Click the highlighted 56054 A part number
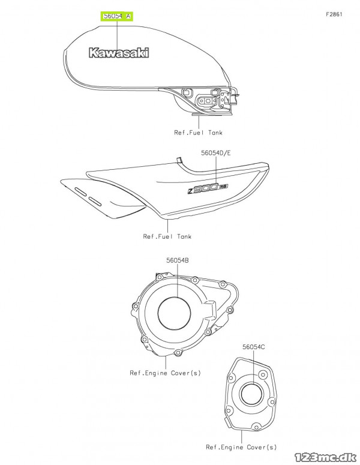click(x=117, y=16)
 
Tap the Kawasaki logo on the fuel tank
click(x=119, y=53)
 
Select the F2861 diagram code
click(x=334, y=14)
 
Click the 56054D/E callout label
click(x=216, y=153)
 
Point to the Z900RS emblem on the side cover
click(x=208, y=188)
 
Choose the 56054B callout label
click(x=178, y=260)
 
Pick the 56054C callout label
click(x=254, y=347)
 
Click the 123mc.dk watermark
click(x=326, y=457)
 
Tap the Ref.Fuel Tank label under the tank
click(x=198, y=133)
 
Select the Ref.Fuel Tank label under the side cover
click(x=167, y=236)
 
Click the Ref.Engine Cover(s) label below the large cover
click(x=165, y=373)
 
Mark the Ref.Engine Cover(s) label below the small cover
click(x=241, y=447)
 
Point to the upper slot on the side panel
click(x=80, y=191)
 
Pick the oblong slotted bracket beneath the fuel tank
click(x=206, y=101)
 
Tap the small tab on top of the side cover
click(x=179, y=160)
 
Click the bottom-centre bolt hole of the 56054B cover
click(x=178, y=353)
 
